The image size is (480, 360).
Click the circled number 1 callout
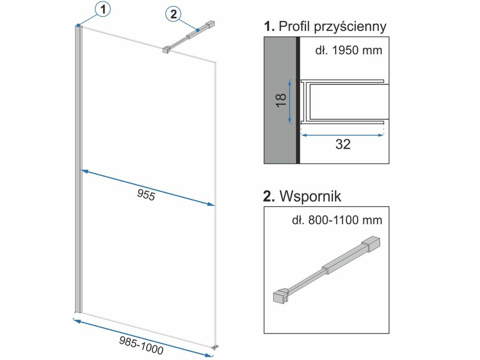[x=102, y=8]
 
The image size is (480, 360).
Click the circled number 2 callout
[x=172, y=15]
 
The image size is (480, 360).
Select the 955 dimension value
[x=146, y=195]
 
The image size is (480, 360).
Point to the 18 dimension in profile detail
[x=280, y=100]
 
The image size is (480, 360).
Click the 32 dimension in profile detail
[x=343, y=145]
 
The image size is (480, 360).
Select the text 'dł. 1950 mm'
[x=348, y=50]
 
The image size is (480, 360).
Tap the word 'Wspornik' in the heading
[x=310, y=196]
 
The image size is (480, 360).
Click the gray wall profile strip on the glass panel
[x=78, y=169]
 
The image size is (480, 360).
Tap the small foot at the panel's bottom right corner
[x=215, y=347]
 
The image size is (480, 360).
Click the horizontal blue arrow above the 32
[x=342, y=135]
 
